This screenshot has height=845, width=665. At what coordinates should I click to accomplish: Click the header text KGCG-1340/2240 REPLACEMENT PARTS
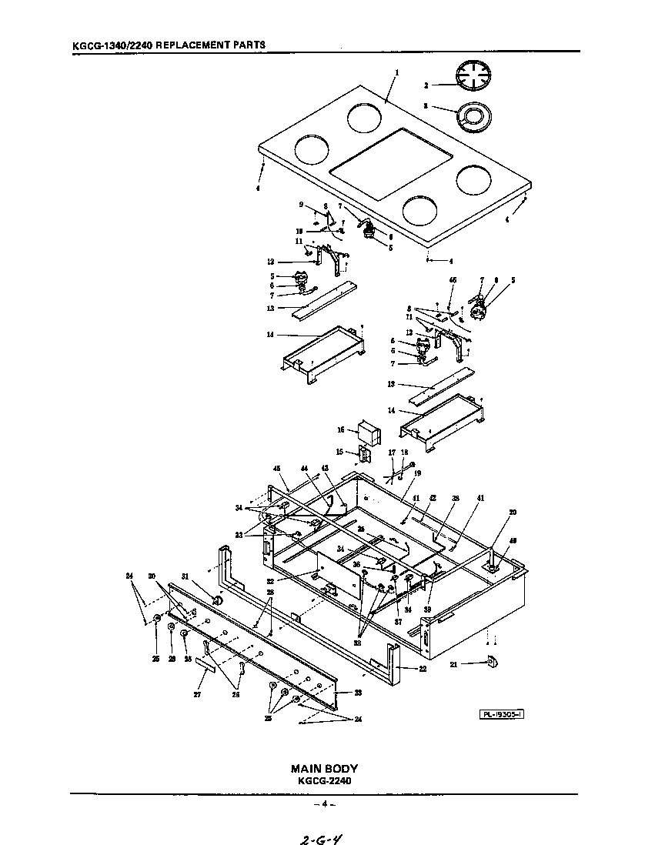click(x=169, y=45)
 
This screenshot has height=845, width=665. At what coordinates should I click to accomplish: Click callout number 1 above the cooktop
click(x=397, y=73)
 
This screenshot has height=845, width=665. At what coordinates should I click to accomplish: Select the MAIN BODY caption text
click(x=323, y=768)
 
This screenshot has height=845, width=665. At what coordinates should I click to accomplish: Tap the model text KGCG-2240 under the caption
click(x=323, y=780)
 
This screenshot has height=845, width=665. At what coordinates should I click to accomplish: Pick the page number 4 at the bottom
click(x=324, y=804)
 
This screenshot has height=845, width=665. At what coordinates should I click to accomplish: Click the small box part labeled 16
click(x=369, y=433)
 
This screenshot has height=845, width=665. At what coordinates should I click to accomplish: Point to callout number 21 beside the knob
click(x=455, y=664)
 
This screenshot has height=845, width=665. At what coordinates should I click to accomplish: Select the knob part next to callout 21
click(x=491, y=662)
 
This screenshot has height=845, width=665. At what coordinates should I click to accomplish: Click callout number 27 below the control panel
click(x=197, y=694)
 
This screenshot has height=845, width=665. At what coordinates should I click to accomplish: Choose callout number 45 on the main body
click(x=276, y=469)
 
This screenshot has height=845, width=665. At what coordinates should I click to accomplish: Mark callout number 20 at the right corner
click(x=513, y=512)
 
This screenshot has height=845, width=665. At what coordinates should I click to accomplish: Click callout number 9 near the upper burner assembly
click(x=302, y=204)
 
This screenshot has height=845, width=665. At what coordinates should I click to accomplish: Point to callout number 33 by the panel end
click(x=357, y=693)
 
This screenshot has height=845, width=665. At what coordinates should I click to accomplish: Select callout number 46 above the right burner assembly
click(x=453, y=280)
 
